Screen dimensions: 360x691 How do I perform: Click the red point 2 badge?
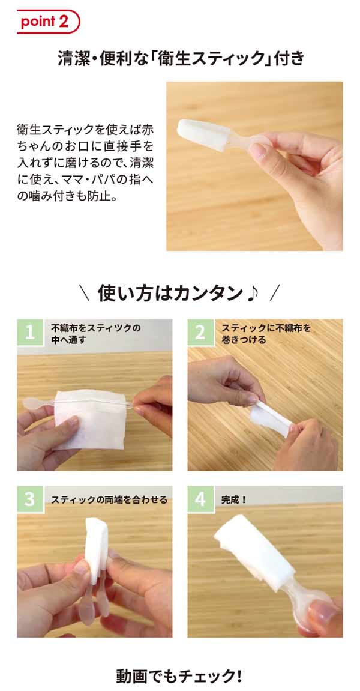(49, 21)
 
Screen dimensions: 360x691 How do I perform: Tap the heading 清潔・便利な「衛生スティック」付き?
(181, 59)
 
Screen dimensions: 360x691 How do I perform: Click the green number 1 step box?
(30, 332)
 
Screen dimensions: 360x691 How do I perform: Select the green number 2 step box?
(200, 332)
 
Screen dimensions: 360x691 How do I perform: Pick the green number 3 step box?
(30, 499)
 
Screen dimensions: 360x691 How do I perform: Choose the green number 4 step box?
(200, 499)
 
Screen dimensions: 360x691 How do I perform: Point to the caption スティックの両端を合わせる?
(109, 500)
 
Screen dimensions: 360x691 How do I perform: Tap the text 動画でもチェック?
(179, 675)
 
